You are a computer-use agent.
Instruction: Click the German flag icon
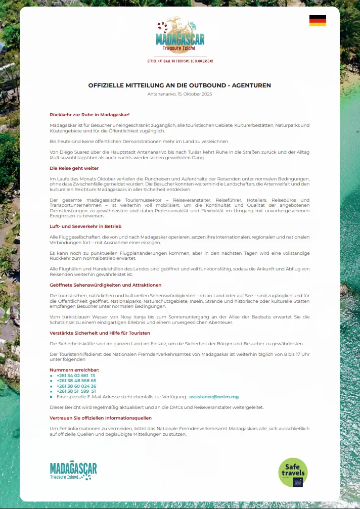(318, 21)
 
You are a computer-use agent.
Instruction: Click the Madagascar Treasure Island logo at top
(180, 35)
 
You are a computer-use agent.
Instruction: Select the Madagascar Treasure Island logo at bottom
(73, 471)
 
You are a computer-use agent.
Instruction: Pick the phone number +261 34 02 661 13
(76, 376)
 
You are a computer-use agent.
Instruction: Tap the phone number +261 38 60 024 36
(76, 386)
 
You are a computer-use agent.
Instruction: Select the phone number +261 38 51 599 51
(76, 391)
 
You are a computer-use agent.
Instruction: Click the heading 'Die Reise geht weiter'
(74, 168)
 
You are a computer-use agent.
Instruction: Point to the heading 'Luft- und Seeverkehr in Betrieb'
(85, 226)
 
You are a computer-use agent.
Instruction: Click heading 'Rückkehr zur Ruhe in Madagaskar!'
(89, 115)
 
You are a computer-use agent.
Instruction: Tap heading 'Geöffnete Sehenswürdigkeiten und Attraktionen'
(105, 285)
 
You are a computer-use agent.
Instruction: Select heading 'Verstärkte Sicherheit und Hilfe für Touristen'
(100, 333)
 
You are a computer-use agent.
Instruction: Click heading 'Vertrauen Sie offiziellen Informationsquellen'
(101, 418)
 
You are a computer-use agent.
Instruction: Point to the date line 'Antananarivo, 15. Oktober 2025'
(179, 95)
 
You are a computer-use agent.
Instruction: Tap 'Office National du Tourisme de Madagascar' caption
(180, 61)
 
